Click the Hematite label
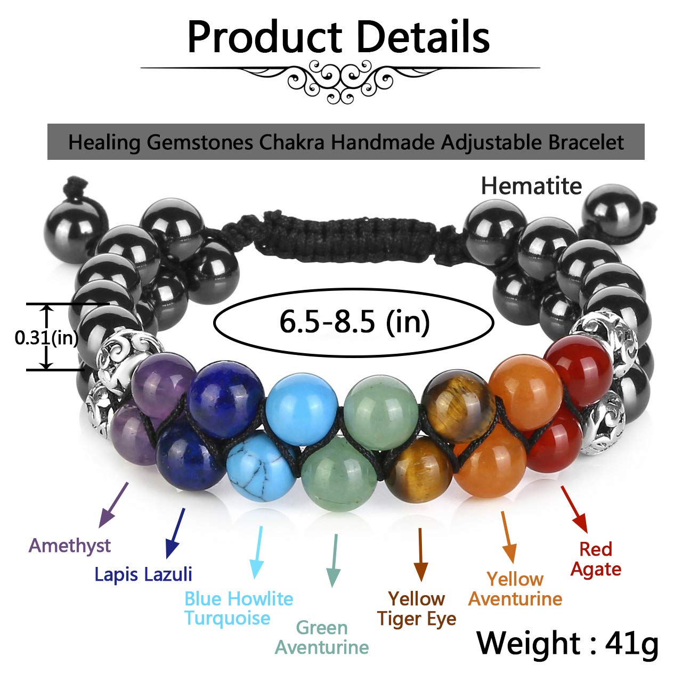point(531,186)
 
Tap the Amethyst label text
point(70,546)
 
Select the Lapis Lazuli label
point(143,574)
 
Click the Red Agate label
point(596,559)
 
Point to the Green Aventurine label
point(321,637)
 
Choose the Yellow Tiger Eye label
point(417,608)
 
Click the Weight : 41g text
point(567,643)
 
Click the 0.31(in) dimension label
point(46,338)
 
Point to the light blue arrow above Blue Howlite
point(259,551)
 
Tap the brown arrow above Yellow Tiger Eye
point(421,554)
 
